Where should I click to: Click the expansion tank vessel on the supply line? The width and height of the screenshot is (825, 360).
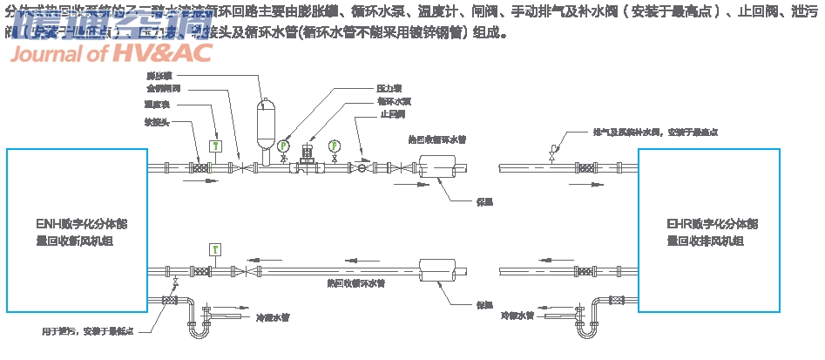(264, 121)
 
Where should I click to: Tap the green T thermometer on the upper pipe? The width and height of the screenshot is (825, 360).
(216, 145)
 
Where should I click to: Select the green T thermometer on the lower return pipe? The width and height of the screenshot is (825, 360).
(214, 250)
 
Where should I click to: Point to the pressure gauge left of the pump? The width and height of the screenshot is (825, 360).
(282, 146)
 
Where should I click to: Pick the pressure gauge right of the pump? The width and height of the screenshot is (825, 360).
(335, 146)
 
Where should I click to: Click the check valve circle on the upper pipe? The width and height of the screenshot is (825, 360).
(362, 167)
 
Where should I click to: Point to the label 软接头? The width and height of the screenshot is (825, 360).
(156, 122)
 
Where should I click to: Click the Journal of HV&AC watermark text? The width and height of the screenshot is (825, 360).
(111, 54)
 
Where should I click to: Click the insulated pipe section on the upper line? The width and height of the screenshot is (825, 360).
(438, 166)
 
